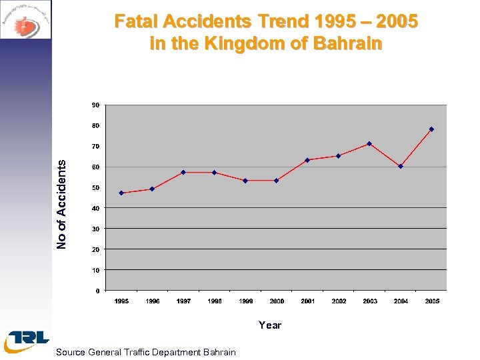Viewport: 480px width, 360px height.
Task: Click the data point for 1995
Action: click(x=121, y=193)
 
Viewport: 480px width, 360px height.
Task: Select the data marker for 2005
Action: click(x=431, y=129)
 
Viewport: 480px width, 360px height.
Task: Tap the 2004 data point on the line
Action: click(x=401, y=167)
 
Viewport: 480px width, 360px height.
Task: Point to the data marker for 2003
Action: click(x=369, y=144)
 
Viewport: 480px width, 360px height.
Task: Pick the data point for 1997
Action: click(x=183, y=173)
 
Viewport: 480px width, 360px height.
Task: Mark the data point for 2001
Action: click(x=307, y=160)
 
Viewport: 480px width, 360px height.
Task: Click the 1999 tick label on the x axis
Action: click(x=245, y=301)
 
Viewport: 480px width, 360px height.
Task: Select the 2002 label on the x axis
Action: click(x=339, y=301)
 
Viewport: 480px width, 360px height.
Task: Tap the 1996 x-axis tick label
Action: click(x=153, y=301)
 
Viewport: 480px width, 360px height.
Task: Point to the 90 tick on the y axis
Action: click(x=96, y=105)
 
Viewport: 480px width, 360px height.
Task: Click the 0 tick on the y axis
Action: click(x=98, y=291)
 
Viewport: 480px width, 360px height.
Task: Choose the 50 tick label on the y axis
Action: click(x=96, y=188)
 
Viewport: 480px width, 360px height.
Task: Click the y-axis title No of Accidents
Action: click(x=61, y=205)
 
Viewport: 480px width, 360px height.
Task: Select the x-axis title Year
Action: click(x=270, y=325)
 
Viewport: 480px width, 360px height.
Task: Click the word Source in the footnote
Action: click(x=71, y=352)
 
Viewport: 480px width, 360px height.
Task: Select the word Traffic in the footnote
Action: click(x=137, y=352)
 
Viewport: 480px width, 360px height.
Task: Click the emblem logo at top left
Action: click(x=25, y=19)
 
